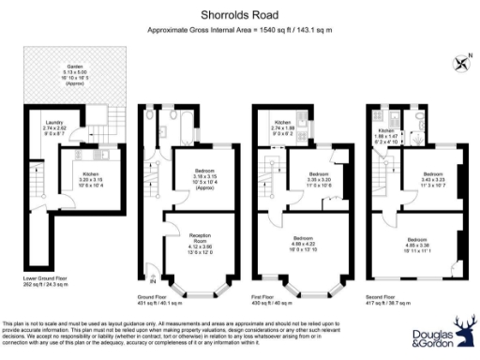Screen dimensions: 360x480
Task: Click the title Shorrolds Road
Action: pyautogui.click(x=240, y=15)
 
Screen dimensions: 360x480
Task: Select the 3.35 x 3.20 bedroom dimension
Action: pyautogui.click(x=319, y=179)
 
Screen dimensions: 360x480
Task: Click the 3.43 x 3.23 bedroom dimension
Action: pyautogui.click(x=432, y=180)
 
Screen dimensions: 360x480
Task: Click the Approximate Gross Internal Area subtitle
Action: pyautogui.click(x=240, y=31)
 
